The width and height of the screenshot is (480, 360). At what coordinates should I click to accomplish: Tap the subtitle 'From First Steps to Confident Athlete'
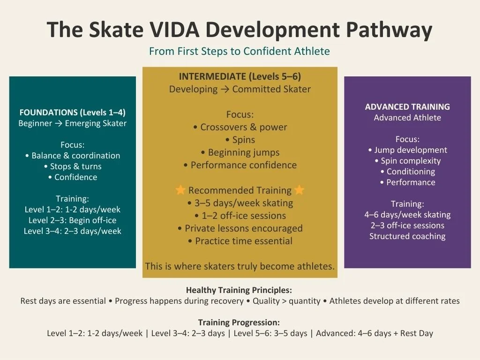point(240,51)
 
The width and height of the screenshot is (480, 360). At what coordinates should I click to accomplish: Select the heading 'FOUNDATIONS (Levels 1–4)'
point(73,112)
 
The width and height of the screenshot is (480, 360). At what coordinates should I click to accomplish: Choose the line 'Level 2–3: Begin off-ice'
point(73,220)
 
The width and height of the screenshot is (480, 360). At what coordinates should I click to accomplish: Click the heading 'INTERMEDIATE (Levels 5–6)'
point(240,76)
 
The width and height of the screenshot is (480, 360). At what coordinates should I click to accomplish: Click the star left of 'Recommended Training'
point(180,190)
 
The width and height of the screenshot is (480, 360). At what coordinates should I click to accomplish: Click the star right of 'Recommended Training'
point(300,190)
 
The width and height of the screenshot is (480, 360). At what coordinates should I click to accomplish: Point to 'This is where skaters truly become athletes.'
point(240,266)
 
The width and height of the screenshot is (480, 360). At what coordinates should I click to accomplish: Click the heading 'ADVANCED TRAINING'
point(407,107)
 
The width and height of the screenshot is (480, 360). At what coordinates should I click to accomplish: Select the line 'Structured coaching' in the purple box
point(407,236)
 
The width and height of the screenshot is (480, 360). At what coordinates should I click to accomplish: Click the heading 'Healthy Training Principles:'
point(239,290)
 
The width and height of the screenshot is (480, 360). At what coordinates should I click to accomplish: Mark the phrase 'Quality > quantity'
point(286,301)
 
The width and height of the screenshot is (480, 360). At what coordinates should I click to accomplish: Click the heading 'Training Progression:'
point(239,322)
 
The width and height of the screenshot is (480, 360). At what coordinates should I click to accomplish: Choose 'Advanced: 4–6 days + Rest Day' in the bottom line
point(375,334)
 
